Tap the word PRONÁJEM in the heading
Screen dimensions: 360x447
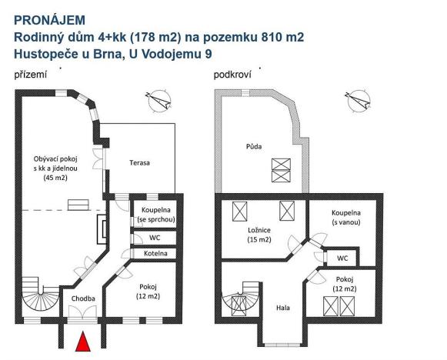pyautogui.click(x=50, y=18)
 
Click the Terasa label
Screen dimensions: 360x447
pyautogui.click(x=139, y=163)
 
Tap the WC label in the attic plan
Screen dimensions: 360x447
pyautogui.click(x=342, y=258)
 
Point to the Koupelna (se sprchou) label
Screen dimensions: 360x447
pyautogui.click(x=157, y=215)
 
